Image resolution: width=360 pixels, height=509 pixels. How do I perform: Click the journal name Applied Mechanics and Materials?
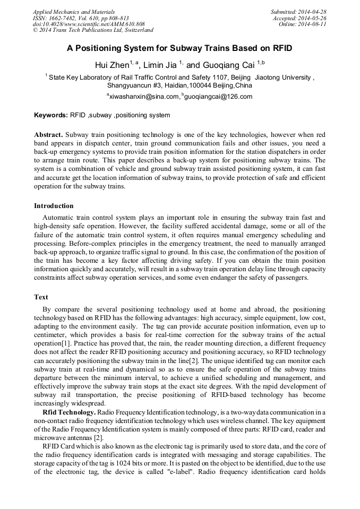point(74,12)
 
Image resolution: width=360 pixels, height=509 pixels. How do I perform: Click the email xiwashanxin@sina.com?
point(144,97)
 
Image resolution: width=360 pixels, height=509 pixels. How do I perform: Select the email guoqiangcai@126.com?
point(211,97)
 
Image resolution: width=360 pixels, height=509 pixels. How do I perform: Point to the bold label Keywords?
point(51,115)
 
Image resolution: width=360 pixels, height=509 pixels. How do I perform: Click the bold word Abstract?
point(48,135)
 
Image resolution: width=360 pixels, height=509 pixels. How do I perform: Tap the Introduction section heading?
point(54,206)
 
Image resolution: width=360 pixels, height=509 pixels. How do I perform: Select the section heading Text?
point(41,297)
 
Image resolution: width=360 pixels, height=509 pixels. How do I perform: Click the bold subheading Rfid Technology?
point(69,412)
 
